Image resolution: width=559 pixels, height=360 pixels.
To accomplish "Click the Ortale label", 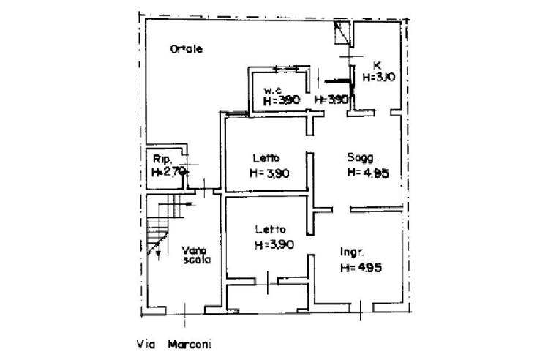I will click(x=186, y=49).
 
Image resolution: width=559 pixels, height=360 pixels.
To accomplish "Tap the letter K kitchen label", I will click(x=377, y=64).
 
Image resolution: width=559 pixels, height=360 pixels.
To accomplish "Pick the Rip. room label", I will click(x=162, y=160).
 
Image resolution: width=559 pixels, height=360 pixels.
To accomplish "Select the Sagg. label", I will click(x=361, y=158).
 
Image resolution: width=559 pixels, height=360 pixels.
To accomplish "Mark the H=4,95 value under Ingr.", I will click(x=361, y=268).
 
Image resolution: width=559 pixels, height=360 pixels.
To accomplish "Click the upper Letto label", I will click(x=267, y=158).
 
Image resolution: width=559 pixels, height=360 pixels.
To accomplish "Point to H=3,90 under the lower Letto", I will click(x=274, y=245).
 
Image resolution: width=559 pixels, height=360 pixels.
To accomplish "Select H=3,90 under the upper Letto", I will click(x=269, y=173).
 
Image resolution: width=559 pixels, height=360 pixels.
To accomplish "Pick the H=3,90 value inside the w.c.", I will click(x=282, y=101).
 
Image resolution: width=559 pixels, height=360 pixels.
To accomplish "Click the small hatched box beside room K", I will click(x=342, y=32).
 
